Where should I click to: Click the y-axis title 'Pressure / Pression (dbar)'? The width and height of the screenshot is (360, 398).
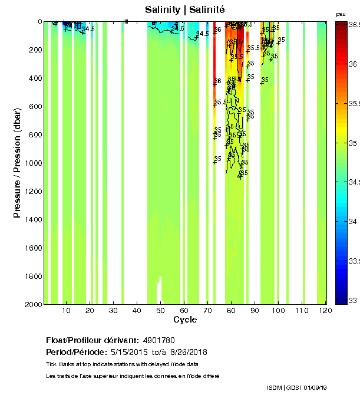pos(17,163)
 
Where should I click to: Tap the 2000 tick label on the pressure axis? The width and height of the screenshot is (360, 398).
pos(33,304)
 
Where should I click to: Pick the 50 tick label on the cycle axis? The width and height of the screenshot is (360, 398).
pos(160,310)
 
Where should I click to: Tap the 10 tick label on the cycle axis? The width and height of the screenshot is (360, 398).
pos(66,310)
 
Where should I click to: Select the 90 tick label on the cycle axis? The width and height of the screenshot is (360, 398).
pos(255,310)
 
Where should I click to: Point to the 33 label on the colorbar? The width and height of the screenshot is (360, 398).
pos(354,301)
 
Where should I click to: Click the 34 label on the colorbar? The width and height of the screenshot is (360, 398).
pos(354,222)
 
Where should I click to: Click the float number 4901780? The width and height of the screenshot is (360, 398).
pos(158,341)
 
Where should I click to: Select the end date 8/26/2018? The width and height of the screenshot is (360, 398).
pos(187,352)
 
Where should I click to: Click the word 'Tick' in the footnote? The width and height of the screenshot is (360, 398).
pos(51,363)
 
